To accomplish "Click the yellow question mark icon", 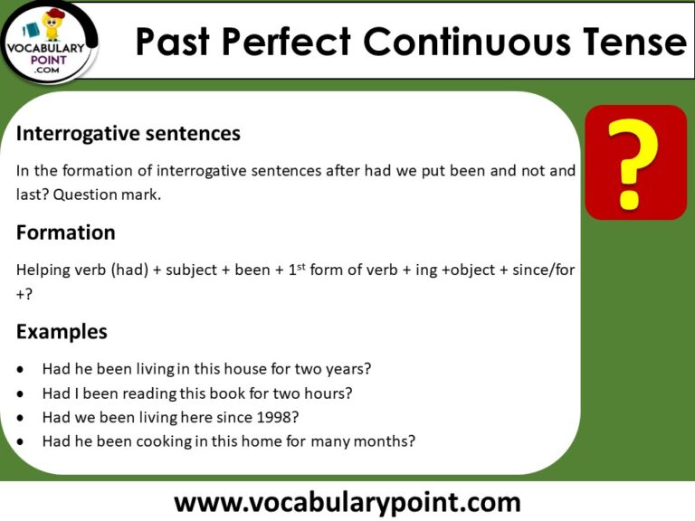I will coord(636,163).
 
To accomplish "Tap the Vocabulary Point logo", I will coord(51,40).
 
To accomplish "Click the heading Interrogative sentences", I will coord(129,134).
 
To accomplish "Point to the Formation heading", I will coord(66,232).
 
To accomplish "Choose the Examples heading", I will coord(62,332).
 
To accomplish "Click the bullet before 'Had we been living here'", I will coord(21,418).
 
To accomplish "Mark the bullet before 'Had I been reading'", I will coord(21,393).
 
